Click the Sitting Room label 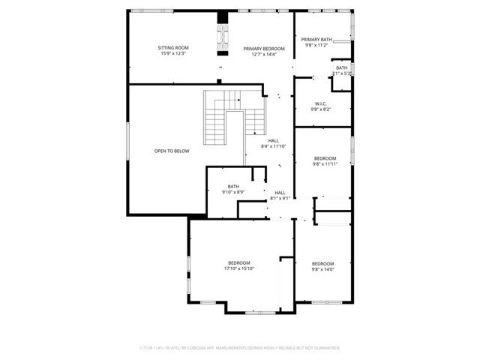tap(172, 48)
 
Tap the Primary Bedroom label tap(264, 48)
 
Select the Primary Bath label tap(316, 39)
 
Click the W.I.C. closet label tap(320, 103)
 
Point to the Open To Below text tap(172, 151)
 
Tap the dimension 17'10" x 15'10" tap(239, 268)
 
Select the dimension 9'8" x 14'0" tap(322, 269)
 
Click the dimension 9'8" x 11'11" tap(325, 164)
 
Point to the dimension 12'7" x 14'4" tap(264, 54)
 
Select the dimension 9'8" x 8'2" tap(320, 109)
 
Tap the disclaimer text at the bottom tap(239, 348)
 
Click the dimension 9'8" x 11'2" tap(316, 45)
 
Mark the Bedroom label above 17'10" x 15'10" tap(239, 262)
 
